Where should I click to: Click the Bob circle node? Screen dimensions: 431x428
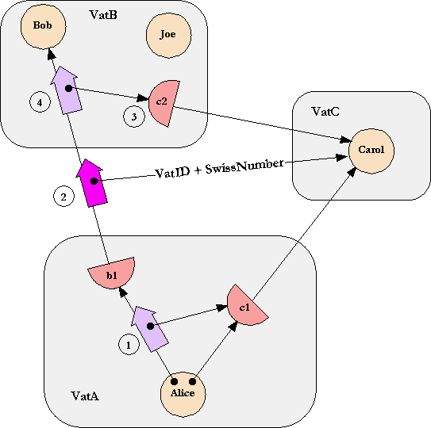tap(43, 26)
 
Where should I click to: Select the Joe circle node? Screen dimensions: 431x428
tap(168, 36)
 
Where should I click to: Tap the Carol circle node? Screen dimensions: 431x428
tap(371, 151)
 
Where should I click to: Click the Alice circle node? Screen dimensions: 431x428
tap(183, 394)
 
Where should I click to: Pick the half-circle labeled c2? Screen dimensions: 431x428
tap(163, 103)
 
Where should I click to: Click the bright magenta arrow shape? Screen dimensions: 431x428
tap(92, 182)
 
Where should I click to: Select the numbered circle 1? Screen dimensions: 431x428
tap(129, 344)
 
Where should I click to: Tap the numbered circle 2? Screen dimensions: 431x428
tap(63, 197)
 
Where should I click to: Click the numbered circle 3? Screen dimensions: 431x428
tap(134, 117)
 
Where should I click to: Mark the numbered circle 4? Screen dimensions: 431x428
tap(40, 102)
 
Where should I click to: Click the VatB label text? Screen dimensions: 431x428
tap(103, 14)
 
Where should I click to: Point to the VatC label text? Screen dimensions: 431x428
tap(325, 112)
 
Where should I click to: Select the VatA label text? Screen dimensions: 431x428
tap(85, 396)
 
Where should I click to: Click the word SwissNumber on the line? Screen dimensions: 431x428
tap(244, 166)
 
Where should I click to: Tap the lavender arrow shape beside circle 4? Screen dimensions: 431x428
tap(67, 90)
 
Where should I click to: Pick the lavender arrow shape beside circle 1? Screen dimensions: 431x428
tap(149, 329)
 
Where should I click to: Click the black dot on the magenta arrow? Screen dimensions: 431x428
tap(94, 181)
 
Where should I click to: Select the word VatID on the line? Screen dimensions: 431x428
tap(172, 173)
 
